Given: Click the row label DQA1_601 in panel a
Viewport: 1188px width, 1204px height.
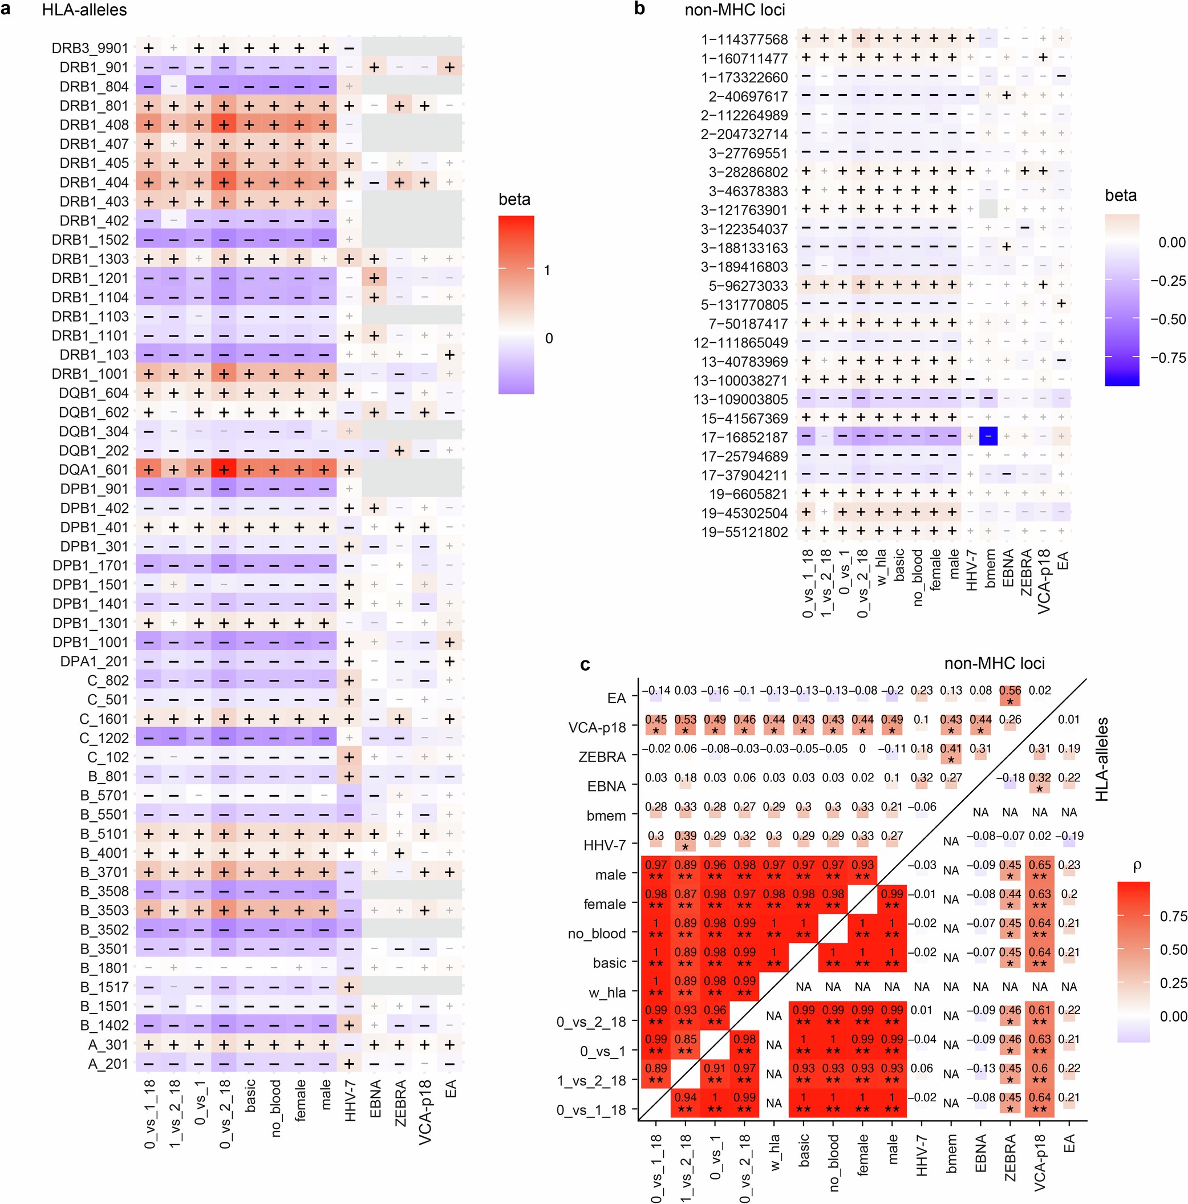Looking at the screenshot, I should coord(94,470).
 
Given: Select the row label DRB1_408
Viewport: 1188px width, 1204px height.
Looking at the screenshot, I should coord(94,125).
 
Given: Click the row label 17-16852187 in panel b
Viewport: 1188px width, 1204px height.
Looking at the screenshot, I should coord(744,437).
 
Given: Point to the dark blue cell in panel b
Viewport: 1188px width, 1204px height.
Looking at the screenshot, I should coord(988,436).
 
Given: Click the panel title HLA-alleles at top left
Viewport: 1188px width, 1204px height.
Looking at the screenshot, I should coord(84,10).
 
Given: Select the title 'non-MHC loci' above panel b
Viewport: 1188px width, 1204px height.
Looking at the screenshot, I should coord(734,10).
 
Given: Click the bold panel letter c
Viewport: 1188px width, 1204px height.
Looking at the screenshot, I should coord(585,664).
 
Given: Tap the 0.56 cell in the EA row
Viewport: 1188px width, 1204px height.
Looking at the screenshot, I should coord(1009,691).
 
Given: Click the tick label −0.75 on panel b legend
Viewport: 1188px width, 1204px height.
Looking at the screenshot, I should coord(1167,358).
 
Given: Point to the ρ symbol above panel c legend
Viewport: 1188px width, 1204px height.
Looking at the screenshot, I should coord(1136,866).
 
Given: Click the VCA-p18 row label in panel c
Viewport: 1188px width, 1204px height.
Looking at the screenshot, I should coord(597,727).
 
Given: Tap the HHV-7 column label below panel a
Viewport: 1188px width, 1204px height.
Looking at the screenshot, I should coord(350,1102).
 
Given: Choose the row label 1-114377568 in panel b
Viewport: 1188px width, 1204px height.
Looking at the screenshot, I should coord(744,40).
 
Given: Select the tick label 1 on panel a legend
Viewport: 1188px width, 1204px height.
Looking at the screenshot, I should coord(546,270).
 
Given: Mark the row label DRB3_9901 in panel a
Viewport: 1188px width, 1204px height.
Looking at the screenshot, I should coord(90,48).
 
